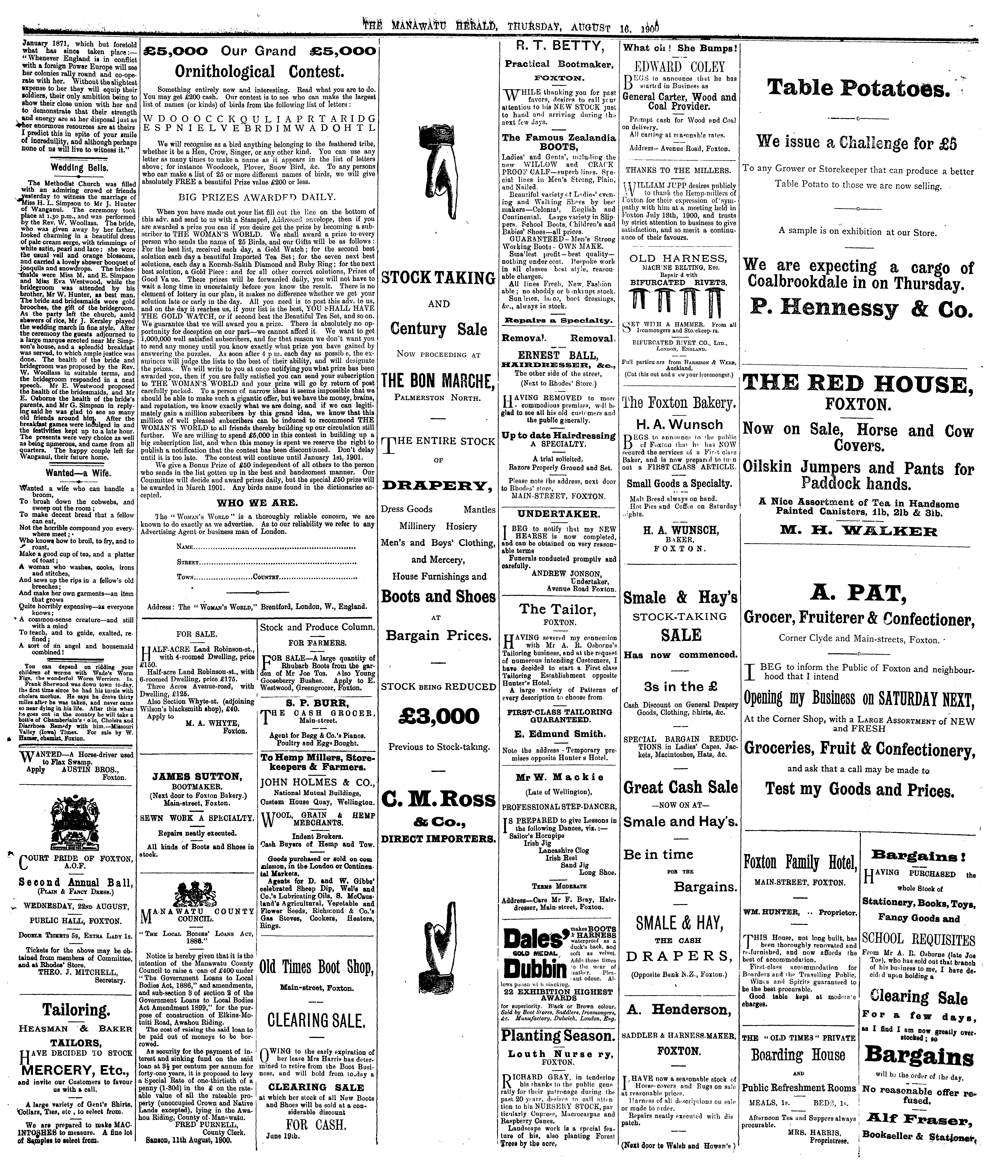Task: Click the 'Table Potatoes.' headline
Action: tap(858, 88)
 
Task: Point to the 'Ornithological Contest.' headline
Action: tap(259, 72)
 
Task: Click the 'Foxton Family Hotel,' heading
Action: tap(800, 861)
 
